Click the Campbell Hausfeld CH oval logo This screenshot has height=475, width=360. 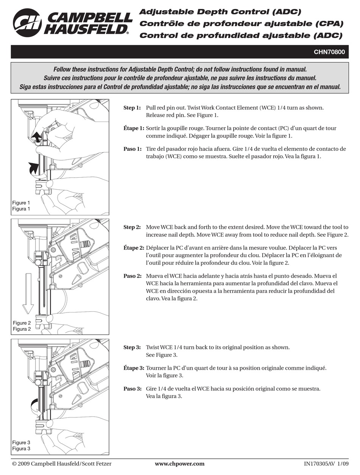point(27,22)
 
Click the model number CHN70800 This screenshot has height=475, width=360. point(329,52)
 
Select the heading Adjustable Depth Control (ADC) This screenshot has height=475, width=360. point(220,12)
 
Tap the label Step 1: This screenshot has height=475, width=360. point(132,108)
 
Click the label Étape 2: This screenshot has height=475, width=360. point(133,248)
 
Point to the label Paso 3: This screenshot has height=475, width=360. point(133,389)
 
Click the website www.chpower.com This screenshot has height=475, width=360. point(180,464)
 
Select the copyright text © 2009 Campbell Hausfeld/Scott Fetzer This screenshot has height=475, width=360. point(62,464)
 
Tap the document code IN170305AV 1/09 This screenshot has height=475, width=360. point(326,464)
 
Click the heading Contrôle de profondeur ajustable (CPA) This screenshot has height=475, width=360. point(241,24)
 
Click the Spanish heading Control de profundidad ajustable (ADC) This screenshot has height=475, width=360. point(241,36)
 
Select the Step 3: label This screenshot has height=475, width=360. point(132,347)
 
